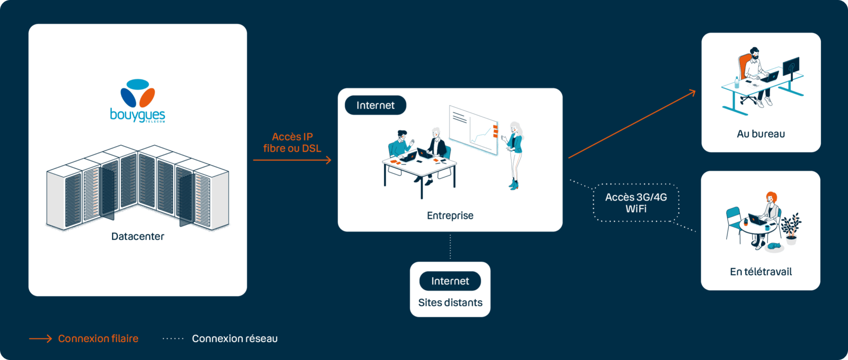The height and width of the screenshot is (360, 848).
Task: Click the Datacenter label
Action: tap(137, 236)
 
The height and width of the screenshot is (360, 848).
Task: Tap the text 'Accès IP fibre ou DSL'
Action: tap(292, 143)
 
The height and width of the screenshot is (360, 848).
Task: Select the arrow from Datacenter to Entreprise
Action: tap(292, 160)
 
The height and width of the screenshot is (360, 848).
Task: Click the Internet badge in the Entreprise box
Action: tap(375, 105)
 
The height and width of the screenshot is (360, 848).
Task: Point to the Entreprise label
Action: tap(450, 216)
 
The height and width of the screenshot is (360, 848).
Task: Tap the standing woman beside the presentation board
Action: tap(514, 155)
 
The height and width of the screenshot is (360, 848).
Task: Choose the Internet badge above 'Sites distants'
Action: tap(450, 281)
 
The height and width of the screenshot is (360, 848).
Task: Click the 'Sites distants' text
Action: tap(450, 303)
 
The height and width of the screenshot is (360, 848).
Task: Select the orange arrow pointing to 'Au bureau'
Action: tap(632, 124)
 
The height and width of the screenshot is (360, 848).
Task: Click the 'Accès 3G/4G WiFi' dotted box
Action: tap(636, 203)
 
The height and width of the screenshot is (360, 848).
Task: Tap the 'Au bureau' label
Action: tap(761, 134)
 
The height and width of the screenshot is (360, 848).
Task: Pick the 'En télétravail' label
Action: tap(761, 272)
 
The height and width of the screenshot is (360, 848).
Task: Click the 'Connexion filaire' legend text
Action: tap(98, 338)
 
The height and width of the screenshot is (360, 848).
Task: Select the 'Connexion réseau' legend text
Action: tap(235, 338)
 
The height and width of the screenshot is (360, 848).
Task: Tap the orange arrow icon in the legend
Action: tap(41, 339)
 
